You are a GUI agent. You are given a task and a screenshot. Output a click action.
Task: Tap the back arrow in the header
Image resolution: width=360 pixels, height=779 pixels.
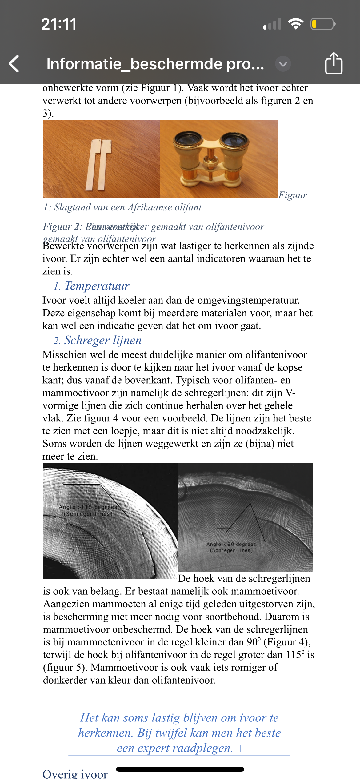[x=14, y=64]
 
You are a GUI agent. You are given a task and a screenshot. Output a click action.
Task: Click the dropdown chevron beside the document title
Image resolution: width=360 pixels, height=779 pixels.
[x=283, y=64]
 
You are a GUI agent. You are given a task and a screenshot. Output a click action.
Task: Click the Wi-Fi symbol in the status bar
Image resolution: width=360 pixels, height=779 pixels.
[x=296, y=24]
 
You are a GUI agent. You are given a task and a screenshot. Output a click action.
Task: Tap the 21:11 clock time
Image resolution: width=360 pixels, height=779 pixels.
[x=59, y=24]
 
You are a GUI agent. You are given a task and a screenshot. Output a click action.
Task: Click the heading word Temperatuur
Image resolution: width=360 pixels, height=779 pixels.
[x=97, y=286]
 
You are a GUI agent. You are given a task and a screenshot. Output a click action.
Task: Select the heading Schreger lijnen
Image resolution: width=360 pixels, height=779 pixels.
[x=102, y=340]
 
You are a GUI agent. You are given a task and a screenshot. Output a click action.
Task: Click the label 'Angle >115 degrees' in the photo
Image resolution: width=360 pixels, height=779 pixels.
[x=88, y=507]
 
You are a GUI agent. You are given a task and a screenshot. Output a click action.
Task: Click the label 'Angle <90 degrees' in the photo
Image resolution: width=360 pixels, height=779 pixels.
[x=231, y=544]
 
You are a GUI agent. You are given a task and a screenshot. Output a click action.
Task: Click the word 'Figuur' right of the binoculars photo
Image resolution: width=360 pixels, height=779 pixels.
[x=293, y=195]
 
